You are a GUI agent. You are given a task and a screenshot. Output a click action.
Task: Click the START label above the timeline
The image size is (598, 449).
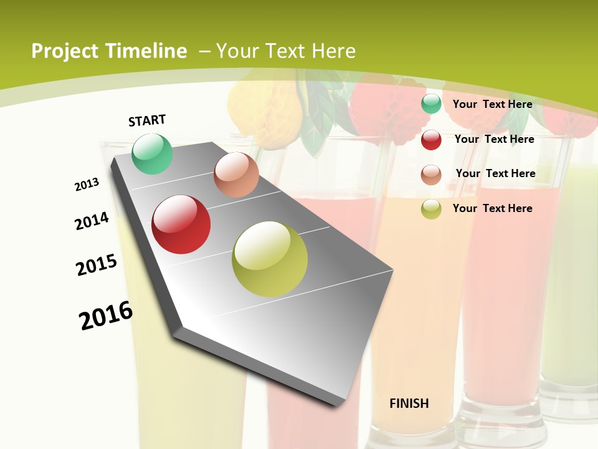click(x=147, y=120)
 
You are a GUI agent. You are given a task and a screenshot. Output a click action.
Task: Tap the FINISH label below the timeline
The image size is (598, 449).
click(x=409, y=403)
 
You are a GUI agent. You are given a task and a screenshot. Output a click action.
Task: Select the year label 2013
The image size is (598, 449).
click(x=87, y=185)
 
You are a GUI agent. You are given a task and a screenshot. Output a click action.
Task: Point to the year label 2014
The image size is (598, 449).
click(x=92, y=221)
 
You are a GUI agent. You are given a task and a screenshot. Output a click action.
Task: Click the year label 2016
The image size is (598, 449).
click(x=106, y=316)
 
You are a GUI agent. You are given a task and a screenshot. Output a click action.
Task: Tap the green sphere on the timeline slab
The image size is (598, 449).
click(x=152, y=153)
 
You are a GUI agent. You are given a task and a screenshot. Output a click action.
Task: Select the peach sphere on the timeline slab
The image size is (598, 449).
click(x=236, y=175)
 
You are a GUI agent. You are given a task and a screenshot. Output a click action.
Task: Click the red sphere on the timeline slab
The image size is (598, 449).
click(x=181, y=224)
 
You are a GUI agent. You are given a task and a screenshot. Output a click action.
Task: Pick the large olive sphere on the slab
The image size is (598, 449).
click(x=270, y=259)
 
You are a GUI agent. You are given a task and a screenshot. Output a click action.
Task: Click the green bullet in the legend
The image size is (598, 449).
click(x=431, y=104)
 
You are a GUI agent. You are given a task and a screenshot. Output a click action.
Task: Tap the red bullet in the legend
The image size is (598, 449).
click(x=431, y=140)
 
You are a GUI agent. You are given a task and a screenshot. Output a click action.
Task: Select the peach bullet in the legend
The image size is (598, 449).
click(x=431, y=175)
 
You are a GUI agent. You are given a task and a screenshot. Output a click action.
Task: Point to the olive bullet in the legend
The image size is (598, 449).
click(x=431, y=209)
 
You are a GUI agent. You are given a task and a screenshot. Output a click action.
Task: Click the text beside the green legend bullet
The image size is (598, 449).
click(x=492, y=104)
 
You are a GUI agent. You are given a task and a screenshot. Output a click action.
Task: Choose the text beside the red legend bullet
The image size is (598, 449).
click(x=494, y=139)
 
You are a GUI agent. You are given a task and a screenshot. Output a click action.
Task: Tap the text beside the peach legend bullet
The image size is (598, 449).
click(x=495, y=173)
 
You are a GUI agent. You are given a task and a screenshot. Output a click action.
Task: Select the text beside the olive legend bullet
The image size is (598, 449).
click(x=492, y=208)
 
